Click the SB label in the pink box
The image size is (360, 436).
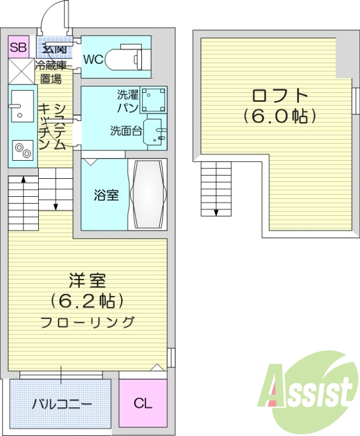[19, 47]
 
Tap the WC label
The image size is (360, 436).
[93, 59]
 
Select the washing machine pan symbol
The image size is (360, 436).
[153, 100]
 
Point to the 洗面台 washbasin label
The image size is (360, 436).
[127, 130]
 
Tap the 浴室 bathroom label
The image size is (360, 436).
[106, 195]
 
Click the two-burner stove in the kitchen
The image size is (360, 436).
[23, 150]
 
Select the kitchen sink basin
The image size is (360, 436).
[22, 105]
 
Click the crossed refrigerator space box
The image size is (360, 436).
[21, 71]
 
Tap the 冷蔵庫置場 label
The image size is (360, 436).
[51, 72]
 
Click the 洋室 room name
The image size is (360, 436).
[87, 281]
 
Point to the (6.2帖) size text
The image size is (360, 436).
[87, 301]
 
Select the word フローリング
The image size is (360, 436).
[87, 323]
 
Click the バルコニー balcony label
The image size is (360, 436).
[62, 404]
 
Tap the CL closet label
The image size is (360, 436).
[143, 403]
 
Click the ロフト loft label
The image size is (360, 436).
[280, 95]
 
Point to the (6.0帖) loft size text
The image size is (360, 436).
[280, 116]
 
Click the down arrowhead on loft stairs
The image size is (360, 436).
[216, 213]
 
